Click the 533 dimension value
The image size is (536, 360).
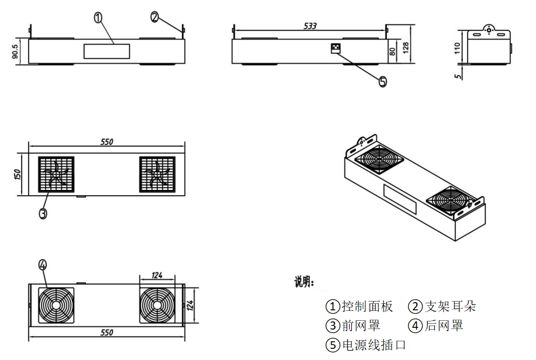310,26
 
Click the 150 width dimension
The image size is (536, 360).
18,174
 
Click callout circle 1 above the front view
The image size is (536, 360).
98,18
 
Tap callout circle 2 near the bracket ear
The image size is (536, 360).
154,17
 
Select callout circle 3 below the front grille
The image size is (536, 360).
43,213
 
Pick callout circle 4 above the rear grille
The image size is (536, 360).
42,265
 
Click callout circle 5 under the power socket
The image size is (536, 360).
383,82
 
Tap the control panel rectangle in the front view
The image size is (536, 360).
107,51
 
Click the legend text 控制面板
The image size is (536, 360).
367,306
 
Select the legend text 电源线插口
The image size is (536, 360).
374,345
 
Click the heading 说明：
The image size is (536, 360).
304,283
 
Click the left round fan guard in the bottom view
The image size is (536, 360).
57,305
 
